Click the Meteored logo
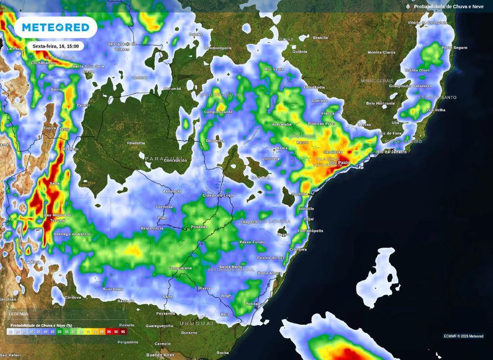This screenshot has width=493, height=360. coord(55,27)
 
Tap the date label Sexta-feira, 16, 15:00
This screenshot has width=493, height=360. coord(55,46)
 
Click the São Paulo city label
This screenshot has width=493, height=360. coord(339,163)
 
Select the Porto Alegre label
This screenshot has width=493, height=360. coord(270,273)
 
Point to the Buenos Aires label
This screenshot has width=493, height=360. coord(160,355)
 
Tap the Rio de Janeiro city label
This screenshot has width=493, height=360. coord(391,152)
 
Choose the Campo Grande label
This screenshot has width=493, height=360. coord(218,111)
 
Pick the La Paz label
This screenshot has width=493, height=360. coord(13,49)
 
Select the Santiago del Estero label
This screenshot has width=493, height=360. coord(72,234)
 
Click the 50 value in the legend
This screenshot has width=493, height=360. coord(60,332)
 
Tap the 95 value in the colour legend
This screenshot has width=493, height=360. coord(123,332)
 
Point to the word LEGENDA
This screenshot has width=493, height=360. coord(18,314)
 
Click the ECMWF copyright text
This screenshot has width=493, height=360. coord(463,336)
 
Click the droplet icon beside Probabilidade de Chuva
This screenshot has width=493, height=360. coord(408,7)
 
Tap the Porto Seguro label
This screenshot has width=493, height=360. coord(454,48)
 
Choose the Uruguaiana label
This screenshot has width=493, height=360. coord(181,268)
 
